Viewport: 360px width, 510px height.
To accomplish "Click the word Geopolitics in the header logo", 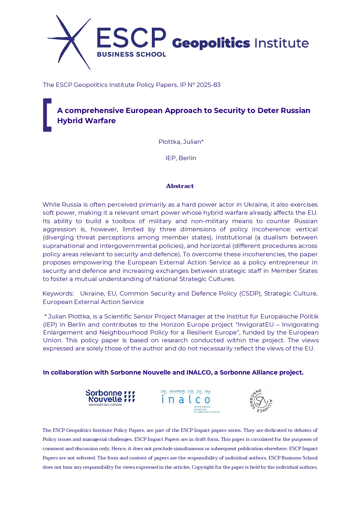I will (211, 43).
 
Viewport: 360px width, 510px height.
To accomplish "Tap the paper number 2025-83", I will (208, 85).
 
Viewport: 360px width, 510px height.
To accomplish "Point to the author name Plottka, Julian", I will (181, 142).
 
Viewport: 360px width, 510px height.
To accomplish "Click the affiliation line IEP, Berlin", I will (181, 158).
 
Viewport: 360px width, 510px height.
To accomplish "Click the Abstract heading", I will (180, 186).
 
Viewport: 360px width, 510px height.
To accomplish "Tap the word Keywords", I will (58, 294).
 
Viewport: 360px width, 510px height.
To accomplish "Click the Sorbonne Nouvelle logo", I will (110, 398).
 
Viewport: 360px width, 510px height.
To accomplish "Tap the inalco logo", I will (189, 401).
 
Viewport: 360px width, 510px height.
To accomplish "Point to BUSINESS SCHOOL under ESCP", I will (131, 55).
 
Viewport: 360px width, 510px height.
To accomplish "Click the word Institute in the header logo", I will (281, 43).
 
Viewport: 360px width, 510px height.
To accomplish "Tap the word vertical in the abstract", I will (306, 229).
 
